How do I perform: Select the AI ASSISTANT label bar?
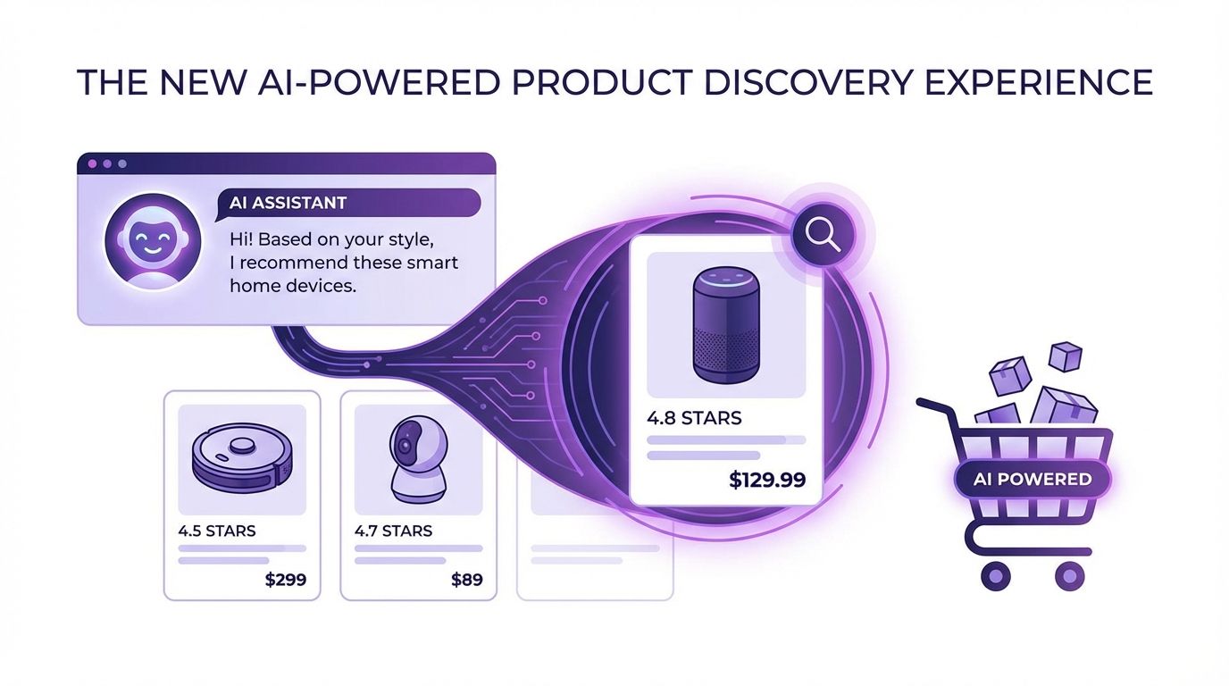pyautogui.click(x=348, y=203)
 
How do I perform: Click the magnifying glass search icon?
pyautogui.click(x=822, y=235)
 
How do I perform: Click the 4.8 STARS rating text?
pyautogui.click(x=694, y=417)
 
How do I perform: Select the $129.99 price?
pyautogui.click(x=767, y=480)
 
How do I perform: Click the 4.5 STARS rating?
pyautogui.click(x=217, y=531)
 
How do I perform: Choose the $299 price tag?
pyautogui.click(x=286, y=580)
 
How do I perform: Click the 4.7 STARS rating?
pyautogui.click(x=393, y=531)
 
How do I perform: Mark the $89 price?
pyautogui.click(x=466, y=580)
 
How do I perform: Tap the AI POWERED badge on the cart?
pyautogui.click(x=1032, y=479)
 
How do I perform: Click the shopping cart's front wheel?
pyautogui.click(x=994, y=575)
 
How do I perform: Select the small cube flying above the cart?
pyautogui.click(x=1065, y=356)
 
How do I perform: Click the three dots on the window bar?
pyautogui.click(x=106, y=164)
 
